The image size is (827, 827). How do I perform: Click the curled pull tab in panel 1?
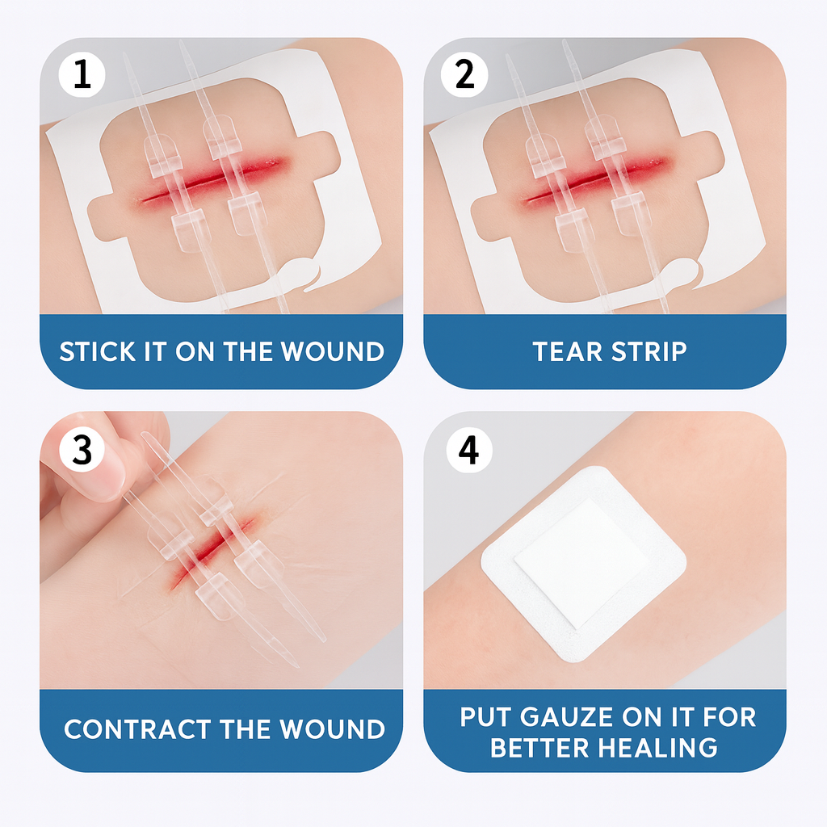303,271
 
